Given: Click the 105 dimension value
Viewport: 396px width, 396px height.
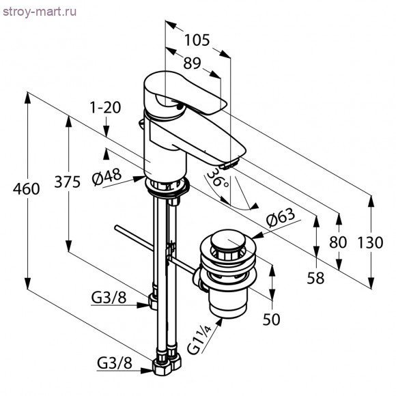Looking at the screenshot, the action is [197, 40].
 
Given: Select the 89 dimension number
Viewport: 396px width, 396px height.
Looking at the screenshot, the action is [192, 63].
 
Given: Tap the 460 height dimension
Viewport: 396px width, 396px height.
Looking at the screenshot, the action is [26, 189].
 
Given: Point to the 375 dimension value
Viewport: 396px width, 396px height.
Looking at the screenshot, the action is [68, 182].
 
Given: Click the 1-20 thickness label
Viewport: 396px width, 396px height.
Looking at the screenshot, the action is [106, 108].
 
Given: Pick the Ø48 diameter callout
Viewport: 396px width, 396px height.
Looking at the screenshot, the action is [107, 176].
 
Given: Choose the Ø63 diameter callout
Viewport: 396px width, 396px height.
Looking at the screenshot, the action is [281, 217].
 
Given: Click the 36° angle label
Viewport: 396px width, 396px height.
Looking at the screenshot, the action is [218, 178].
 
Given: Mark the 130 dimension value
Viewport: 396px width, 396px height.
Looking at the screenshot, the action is [370, 242].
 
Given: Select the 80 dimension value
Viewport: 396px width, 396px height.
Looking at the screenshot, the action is [338, 242].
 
